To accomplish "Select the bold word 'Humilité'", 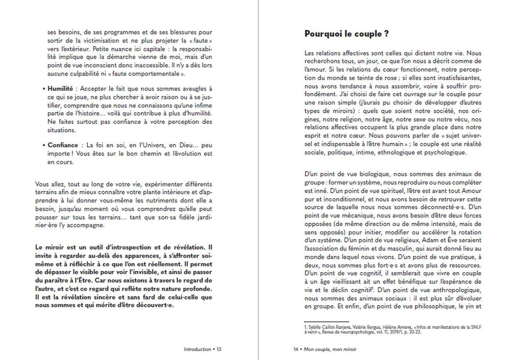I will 60,89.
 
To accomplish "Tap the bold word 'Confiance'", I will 63,145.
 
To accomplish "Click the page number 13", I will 219,349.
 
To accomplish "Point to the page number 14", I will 296,349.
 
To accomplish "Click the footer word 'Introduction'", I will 197,349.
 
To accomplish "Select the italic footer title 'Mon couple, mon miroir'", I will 330,349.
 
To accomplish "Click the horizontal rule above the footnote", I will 327,322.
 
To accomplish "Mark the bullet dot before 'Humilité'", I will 44,89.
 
